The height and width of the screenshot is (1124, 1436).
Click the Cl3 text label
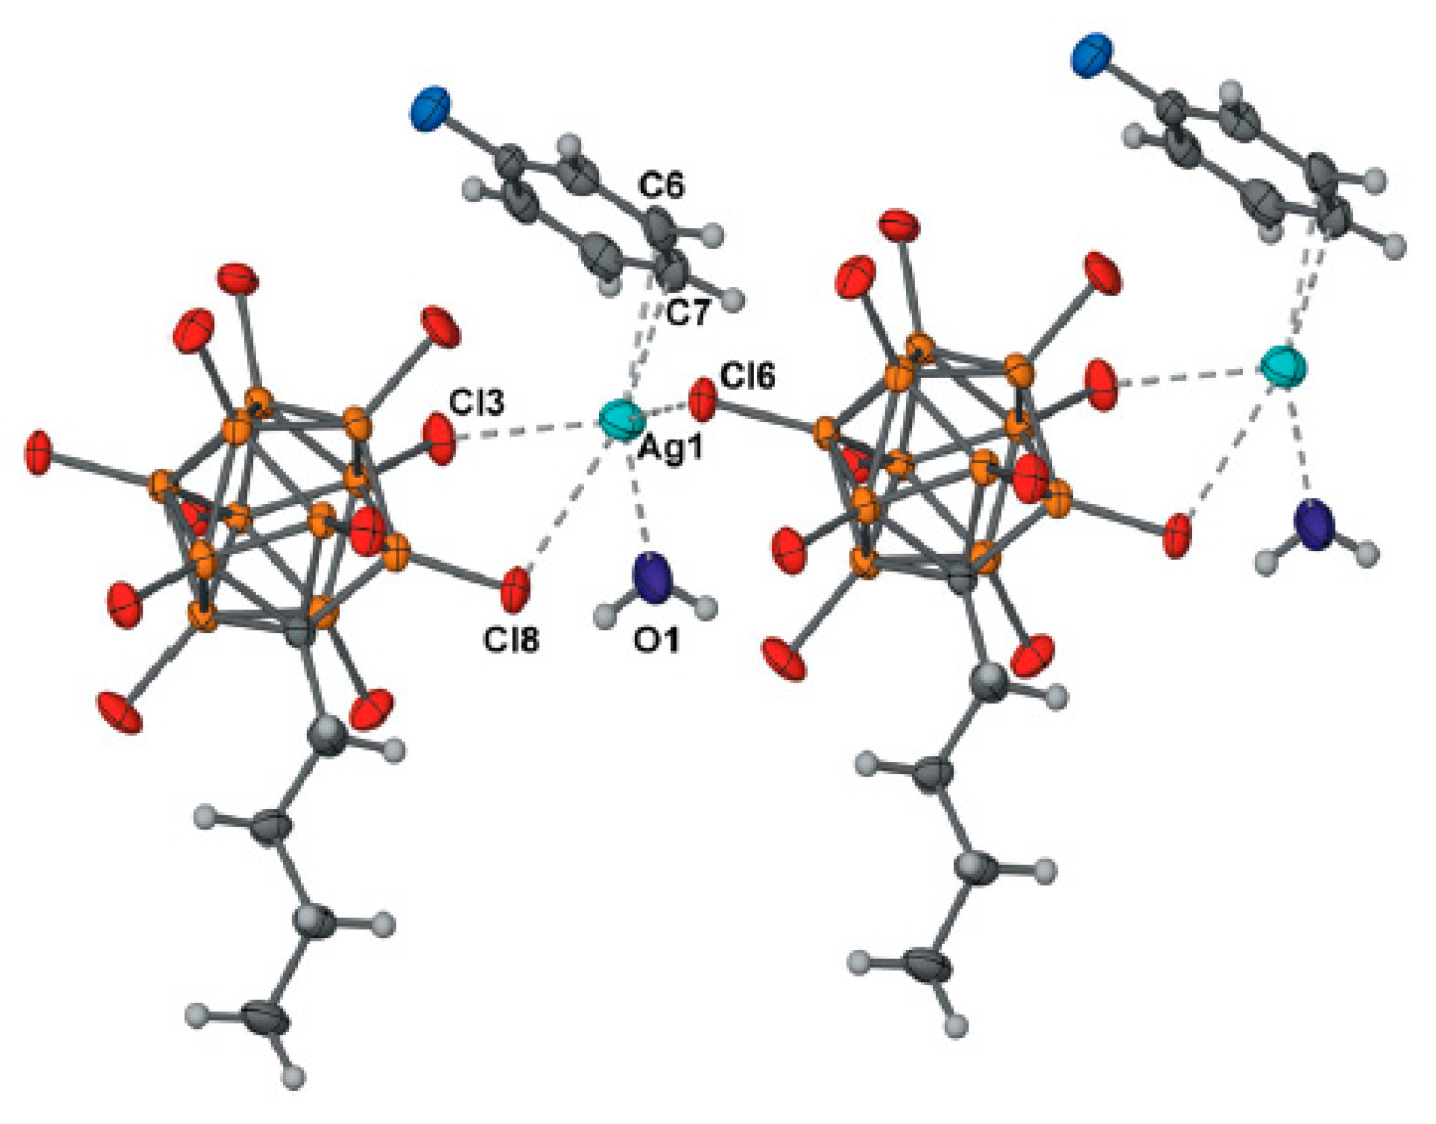pyautogui.click(x=476, y=402)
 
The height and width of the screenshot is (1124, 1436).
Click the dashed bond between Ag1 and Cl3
pyautogui.click(x=527, y=430)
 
